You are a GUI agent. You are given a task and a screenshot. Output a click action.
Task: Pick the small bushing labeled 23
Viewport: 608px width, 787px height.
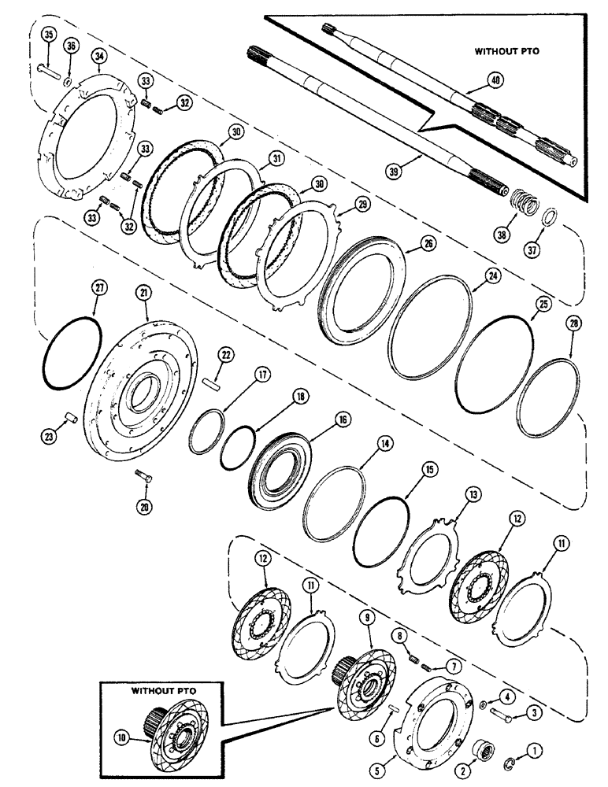click(x=69, y=415)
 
